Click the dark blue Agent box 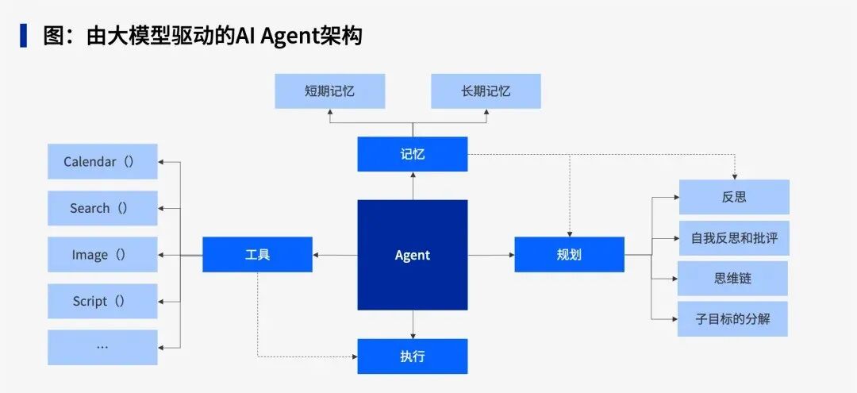[412, 255]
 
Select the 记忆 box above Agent [412, 154]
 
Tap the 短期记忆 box [329, 91]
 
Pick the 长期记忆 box [486, 91]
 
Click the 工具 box [257, 255]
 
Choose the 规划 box [569, 255]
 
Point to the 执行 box [412, 356]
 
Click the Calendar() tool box [102, 162]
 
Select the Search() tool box [102, 208]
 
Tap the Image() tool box [102, 255]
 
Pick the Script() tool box [102, 301]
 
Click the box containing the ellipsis [102, 347]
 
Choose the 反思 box [734, 197]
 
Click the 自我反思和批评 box [734, 238]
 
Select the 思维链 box [732, 279]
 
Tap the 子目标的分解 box [732, 319]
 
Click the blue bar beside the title [23, 36]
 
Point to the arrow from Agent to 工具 [335, 255]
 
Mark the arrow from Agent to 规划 [490, 255]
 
